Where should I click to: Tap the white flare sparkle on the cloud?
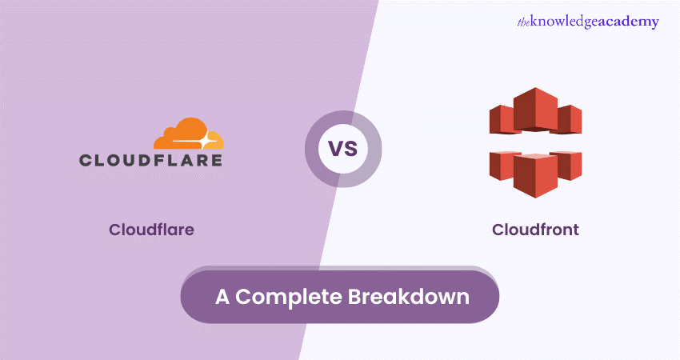[x=205, y=141]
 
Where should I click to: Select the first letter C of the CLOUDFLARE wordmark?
[x=86, y=160]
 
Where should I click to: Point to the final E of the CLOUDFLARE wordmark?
[x=215, y=160]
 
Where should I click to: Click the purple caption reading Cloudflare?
[x=151, y=230]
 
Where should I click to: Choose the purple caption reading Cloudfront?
[x=535, y=230]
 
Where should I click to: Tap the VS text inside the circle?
[x=343, y=149]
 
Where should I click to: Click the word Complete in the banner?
[x=288, y=297]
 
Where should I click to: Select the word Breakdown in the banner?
[x=409, y=297]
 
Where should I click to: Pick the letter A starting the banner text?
[x=222, y=297]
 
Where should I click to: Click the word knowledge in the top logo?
[x=564, y=22]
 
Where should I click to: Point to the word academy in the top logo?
[x=629, y=22]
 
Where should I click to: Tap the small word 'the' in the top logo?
[x=523, y=22]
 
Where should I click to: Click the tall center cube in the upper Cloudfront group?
[x=535, y=110]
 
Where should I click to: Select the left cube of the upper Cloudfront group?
[x=502, y=119]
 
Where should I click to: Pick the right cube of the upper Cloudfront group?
[x=569, y=119]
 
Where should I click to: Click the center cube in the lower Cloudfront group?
[x=535, y=175]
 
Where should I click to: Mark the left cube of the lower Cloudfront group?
[x=502, y=166]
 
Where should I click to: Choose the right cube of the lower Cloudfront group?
[x=569, y=166]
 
